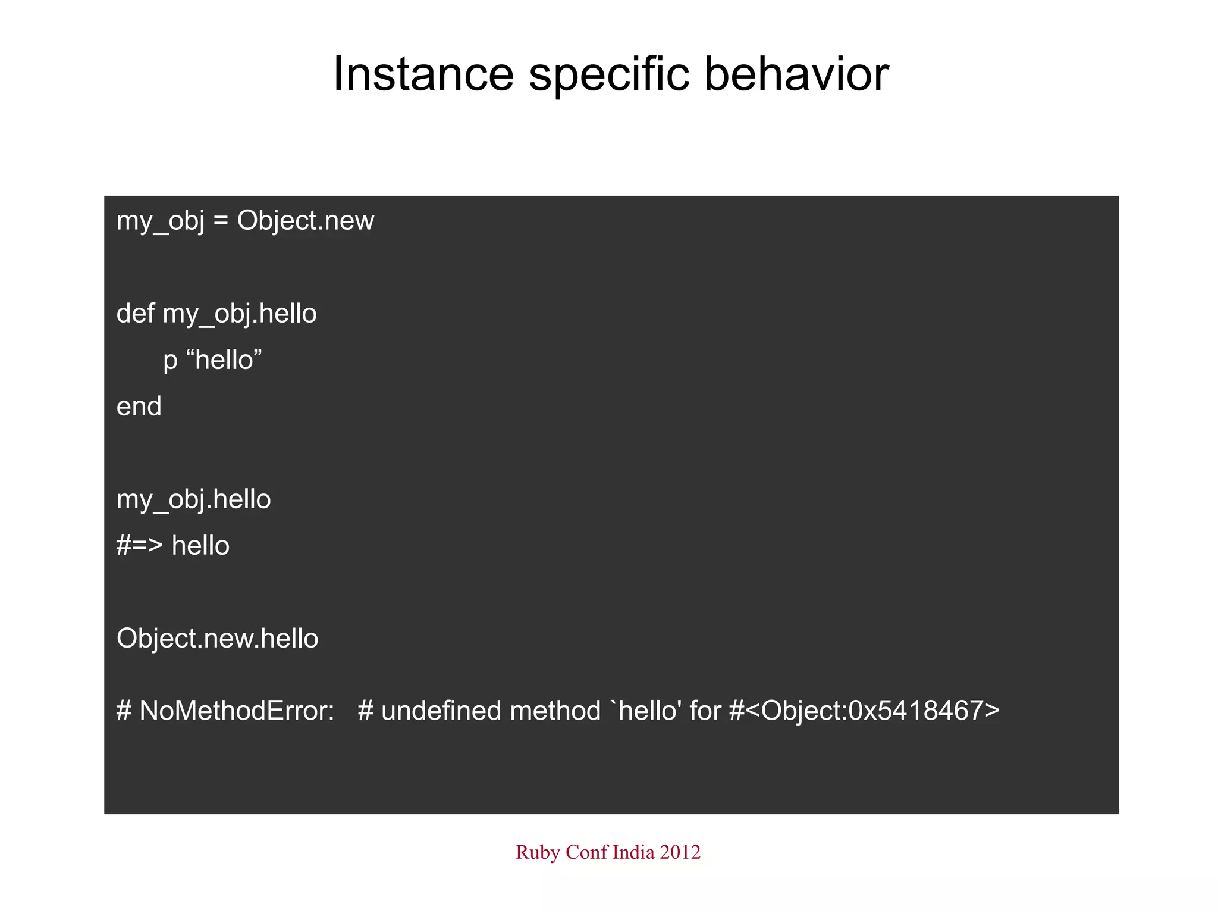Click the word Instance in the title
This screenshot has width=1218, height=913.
(x=423, y=74)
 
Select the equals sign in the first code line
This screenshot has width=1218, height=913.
(x=221, y=221)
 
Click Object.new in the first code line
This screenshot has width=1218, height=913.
(x=305, y=221)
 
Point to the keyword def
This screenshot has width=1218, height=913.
(x=135, y=313)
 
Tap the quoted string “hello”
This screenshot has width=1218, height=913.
(x=224, y=360)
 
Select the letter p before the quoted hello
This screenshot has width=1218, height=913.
(x=170, y=361)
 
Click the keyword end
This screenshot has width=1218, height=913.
(x=139, y=407)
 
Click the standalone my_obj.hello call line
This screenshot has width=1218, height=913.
(x=193, y=499)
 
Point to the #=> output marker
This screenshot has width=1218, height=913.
(x=139, y=546)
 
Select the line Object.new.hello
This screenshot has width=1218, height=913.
(x=217, y=639)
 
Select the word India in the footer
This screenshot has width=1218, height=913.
(x=633, y=852)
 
